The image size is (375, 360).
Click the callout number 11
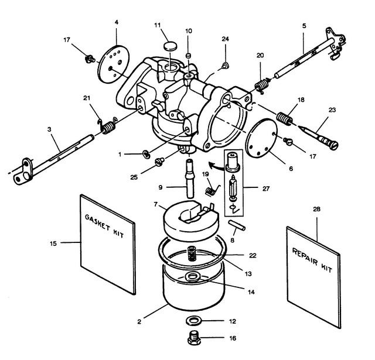tap(158, 25)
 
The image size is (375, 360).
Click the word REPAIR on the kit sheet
tap(305, 258)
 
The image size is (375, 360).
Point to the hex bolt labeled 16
tap(194, 337)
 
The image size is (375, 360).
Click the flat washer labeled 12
tap(194, 321)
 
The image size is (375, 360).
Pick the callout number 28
tap(316, 209)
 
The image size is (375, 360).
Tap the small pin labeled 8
tap(237, 225)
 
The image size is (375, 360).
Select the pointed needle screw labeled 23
tap(318, 138)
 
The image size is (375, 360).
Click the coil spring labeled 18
tap(284, 118)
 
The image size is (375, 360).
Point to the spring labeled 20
tap(262, 85)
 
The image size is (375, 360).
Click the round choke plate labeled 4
tap(113, 64)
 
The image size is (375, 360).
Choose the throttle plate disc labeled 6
tap(261, 138)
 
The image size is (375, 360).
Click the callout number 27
tap(266, 188)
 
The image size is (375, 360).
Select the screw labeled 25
tap(159, 162)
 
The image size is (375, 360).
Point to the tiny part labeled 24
tap(225, 65)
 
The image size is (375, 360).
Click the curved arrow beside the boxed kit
tap(216, 165)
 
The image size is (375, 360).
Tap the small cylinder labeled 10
tap(189, 56)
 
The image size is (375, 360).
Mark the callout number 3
tap(49, 129)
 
